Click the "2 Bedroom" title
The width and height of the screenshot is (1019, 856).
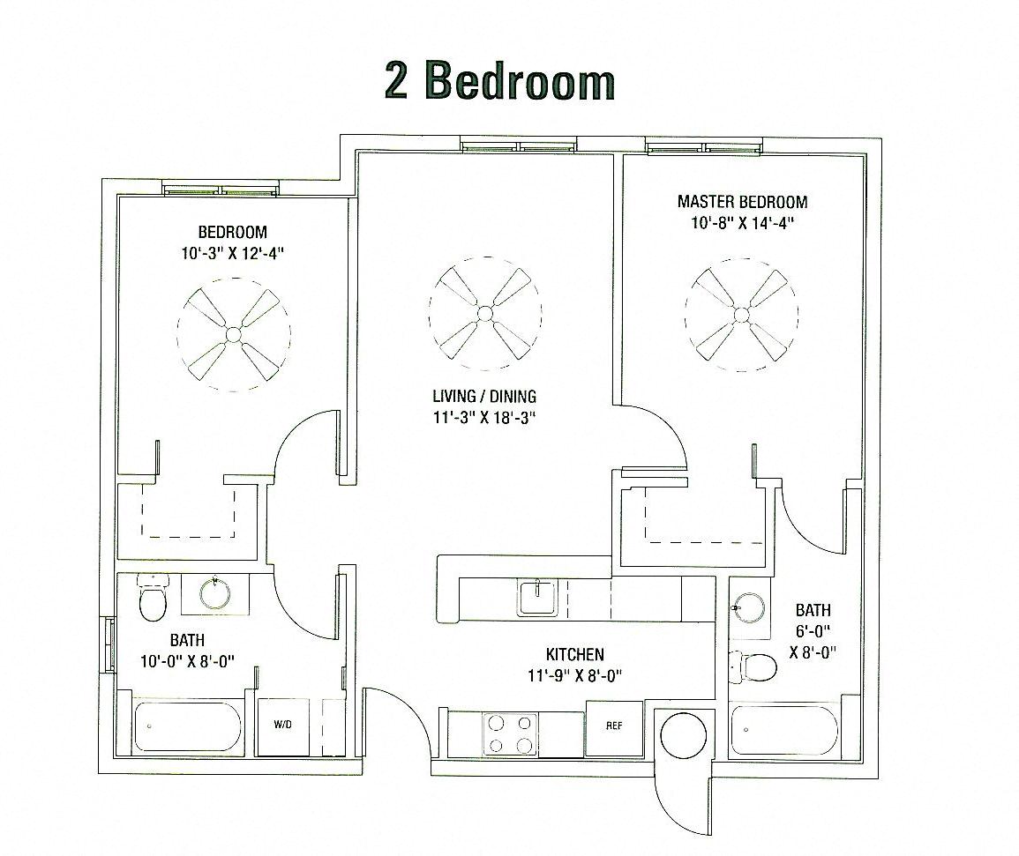(x=499, y=81)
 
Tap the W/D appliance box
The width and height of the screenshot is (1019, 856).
(x=282, y=726)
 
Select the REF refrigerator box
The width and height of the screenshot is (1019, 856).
(x=614, y=727)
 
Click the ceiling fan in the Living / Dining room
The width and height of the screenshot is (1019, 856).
(x=485, y=313)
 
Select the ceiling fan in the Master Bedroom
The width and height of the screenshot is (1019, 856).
(x=741, y=315)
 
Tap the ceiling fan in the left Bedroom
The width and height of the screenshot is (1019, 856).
(x=233, y=333)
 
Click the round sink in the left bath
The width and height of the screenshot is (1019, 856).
(x=214, y=593)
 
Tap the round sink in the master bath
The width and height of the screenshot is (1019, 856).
(x=750, y=607)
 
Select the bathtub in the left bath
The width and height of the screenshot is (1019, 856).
(x=186, y=727)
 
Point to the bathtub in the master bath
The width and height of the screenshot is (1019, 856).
(x=784, y=730)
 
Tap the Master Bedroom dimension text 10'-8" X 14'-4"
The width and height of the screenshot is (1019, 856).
(x=742, y=223)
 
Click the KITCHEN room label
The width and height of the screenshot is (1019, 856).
(x=574, y=654)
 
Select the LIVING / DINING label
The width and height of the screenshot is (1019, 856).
(x=484, y=397)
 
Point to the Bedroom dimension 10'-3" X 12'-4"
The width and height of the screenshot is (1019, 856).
(x=233, y=253)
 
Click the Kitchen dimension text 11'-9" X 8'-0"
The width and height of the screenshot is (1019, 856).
(x=574, y=676)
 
